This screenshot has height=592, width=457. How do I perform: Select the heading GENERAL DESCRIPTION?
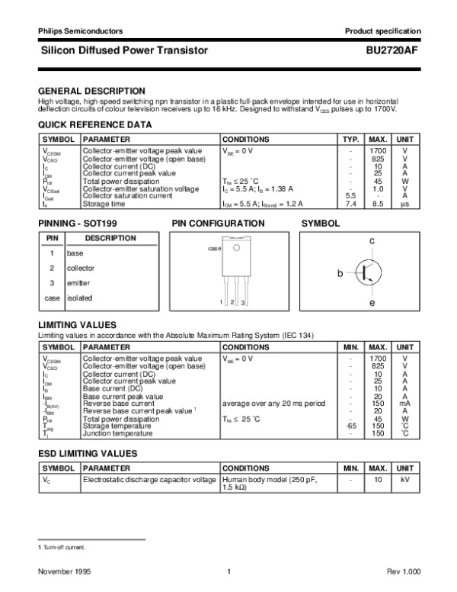click(92, 91)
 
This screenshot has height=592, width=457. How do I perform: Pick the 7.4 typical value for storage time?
click(351, 204)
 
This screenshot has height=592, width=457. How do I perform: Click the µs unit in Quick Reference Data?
click(405, 204)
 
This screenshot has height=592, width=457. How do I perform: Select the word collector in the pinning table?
click(80, 268)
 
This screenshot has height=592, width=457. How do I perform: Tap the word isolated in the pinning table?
click(79, 298)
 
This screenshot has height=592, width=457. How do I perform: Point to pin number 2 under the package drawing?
click(232, 304)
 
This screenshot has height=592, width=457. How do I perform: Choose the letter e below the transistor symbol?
click(372, 303)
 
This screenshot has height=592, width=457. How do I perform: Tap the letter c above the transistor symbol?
click(372, 241)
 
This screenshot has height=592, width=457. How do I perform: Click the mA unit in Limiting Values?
click(405, 404)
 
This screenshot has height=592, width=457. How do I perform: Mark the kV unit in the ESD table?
click(405, 481)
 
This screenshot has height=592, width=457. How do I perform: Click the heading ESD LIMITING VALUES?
click(88, 453)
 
